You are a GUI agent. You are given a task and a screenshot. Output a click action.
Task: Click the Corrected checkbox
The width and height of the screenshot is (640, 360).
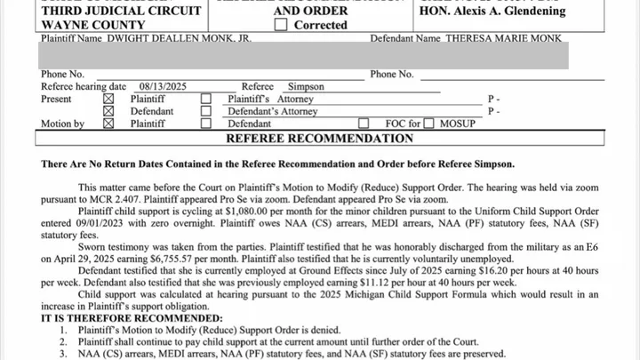(281, 25)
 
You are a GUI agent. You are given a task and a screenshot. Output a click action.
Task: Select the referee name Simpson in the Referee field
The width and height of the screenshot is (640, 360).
(307, 87)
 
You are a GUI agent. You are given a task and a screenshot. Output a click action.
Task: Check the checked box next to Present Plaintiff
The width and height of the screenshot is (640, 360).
(108, 100)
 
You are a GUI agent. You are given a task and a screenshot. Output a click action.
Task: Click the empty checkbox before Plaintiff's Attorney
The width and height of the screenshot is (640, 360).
(206, 100)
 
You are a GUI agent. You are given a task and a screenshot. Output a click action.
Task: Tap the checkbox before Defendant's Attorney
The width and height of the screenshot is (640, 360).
(206, 112)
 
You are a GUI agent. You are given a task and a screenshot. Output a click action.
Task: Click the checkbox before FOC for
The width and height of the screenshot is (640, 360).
(364, 124)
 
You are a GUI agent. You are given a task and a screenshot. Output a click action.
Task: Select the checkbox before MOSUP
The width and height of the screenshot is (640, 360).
(429, 124)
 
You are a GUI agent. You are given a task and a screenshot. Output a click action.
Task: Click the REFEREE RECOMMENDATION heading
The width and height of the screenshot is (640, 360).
(319, 140)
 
